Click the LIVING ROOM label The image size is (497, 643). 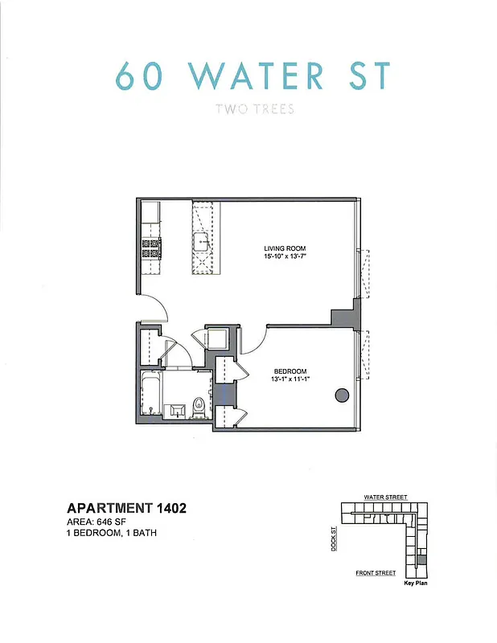pos(285,248)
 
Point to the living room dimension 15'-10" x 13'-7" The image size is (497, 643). pos(285,256)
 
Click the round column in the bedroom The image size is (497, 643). pos(341,395)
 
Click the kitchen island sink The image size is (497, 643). pos(201,239)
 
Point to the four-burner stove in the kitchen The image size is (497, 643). pos(150,248)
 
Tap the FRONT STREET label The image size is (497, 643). pos(376,573)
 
